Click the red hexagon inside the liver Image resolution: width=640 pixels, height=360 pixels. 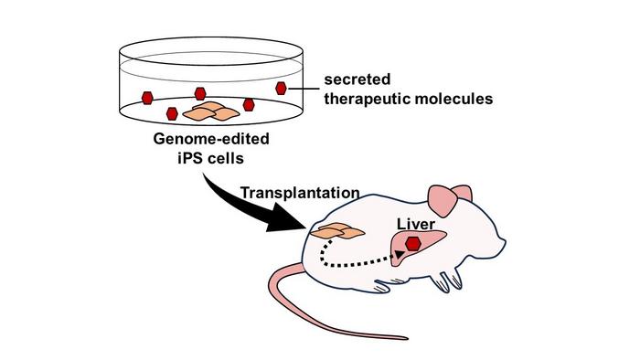414,243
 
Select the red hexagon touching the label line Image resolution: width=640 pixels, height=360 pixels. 283,88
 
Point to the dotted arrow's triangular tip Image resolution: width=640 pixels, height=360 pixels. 400,258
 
